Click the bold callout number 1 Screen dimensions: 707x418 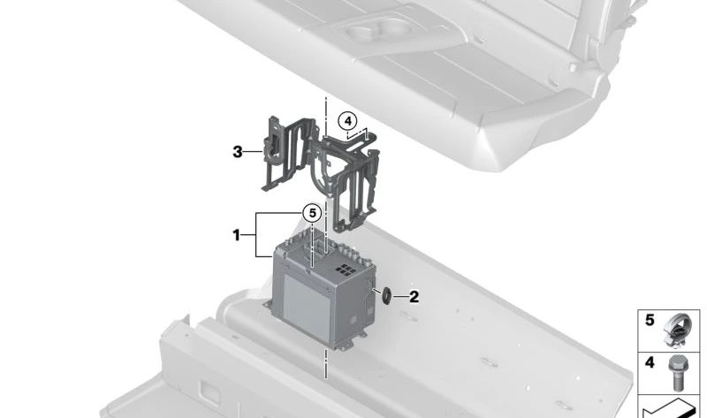(x=236, y=235)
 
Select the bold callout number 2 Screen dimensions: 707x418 (x=414, y=297)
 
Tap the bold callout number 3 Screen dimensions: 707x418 (x=238, y=152)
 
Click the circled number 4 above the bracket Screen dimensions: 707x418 (x=347, y=121)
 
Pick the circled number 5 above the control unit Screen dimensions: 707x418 (x=312, y=213)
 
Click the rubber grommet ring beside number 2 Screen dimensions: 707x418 (x=386, y=296)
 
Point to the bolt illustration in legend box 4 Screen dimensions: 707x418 (x=677, y=372)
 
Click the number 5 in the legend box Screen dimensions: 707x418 (x=650, y=320)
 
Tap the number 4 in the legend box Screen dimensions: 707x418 (x=650, y=362)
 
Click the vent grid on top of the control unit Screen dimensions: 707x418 (x=345, y=270)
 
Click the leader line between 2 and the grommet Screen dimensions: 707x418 (x=399, y=296)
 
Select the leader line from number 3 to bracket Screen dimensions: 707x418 (x=254, y=152)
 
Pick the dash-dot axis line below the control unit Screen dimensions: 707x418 (x=325, y=364)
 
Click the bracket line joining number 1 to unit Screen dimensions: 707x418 (x=256, y=235)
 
